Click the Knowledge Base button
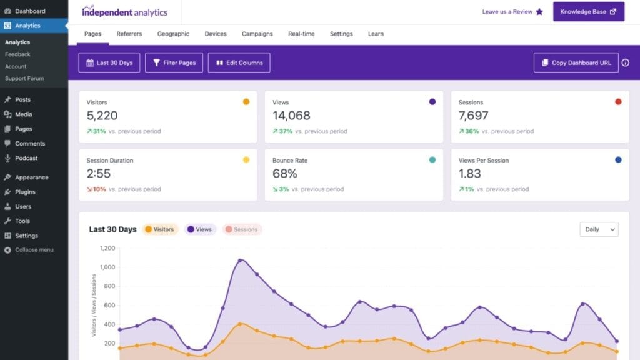click(588, 11)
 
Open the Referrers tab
click(129, 34)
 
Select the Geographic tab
click(173, 34)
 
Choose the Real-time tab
click(301, 34)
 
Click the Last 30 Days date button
click(109, 62)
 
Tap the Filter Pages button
click(174, 62)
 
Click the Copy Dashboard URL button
click(576, 62)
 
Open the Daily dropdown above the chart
click(599, 229)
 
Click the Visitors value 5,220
click(102, 116)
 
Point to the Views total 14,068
click(291, 116)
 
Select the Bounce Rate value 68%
click(285, 174)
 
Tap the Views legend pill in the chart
click(199, 229)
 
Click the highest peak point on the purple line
click(241, 261)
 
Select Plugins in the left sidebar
click(25, 192)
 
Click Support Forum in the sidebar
click(24, 78)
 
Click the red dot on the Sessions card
click(618, 102)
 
